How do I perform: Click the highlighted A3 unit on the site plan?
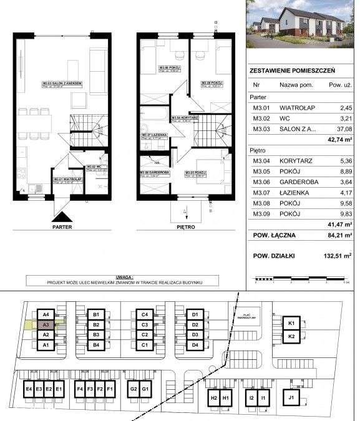(46, 325)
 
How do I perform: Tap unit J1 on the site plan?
(291, 397)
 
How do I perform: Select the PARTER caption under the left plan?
(62, 228)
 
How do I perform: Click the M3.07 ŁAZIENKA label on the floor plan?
(152, 134)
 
